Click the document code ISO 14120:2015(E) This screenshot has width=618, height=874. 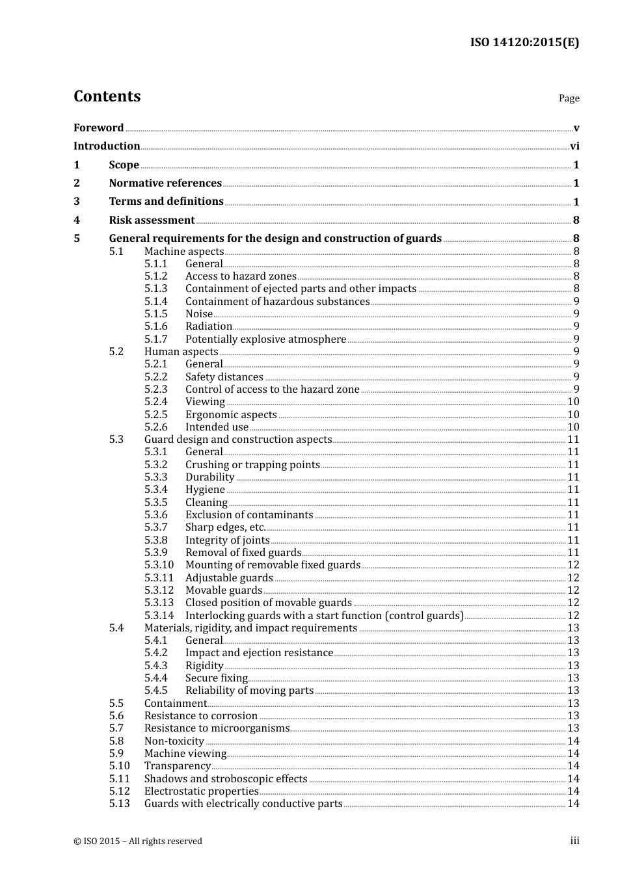tap(524, 42)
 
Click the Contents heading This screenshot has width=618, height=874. tap(107, 96)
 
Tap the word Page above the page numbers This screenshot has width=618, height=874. tap(569, 98)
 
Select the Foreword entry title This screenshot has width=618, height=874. tap(98, 127)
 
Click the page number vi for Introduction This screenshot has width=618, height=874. tap(574, 146)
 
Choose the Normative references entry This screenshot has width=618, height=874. tap(165, 183)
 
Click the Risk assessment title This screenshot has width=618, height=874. tap(152, 220)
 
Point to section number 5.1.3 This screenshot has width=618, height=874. tap(155, 289)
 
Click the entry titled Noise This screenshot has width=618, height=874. tap(199, 314)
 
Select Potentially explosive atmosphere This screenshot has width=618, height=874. tap(265, 339)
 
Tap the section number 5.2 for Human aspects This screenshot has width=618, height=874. tap(116, 352)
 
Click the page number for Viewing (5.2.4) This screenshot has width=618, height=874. tap(573, 402)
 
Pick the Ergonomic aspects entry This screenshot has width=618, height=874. tap(231, 415)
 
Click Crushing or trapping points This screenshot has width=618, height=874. tap(252, 465)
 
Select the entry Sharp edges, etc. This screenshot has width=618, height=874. tap(226, 527)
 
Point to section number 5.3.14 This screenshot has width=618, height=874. tap(159, 616)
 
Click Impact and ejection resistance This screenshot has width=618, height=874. tap(259, 653)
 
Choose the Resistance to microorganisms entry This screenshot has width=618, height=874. tap(217, 728)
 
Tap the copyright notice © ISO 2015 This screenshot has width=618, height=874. tap(138, 841)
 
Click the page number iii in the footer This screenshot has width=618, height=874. tap(574, 841)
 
